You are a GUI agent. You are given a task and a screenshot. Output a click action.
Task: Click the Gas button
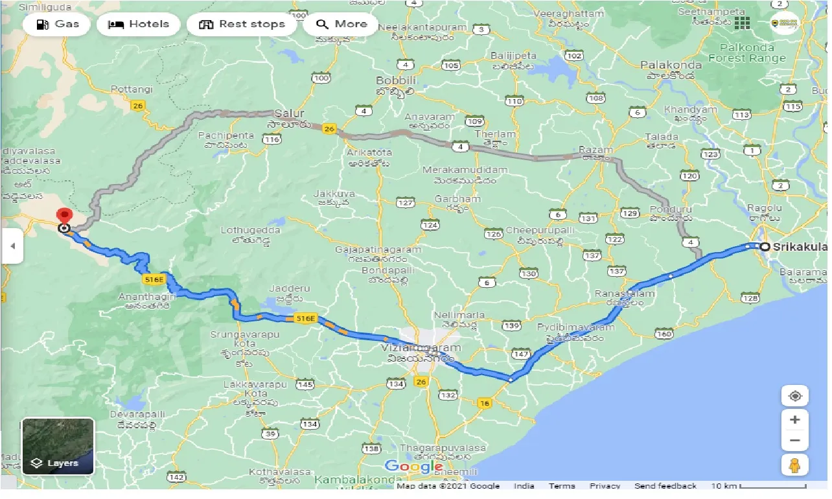point(57,25)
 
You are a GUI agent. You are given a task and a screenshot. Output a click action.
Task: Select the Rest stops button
point(242,25)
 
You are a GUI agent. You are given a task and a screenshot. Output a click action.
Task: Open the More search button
point(341,25)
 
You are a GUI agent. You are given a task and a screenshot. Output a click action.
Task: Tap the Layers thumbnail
point(58,446)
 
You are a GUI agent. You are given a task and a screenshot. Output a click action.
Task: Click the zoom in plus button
point(795,419)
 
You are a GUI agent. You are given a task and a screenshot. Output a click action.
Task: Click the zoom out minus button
point(795,441)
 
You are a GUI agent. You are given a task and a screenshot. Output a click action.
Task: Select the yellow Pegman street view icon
point(795,465)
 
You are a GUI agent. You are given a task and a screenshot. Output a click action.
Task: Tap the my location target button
point(795,395)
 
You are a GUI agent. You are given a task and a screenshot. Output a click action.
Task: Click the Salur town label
point(289,113)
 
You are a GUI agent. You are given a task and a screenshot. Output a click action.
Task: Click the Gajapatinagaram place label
point(378,250)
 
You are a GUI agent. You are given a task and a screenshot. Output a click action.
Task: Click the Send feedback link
point(665,486)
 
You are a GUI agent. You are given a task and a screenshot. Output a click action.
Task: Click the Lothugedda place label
point(250,230)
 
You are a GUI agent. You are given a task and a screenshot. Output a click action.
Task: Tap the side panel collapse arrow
point(12,246)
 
